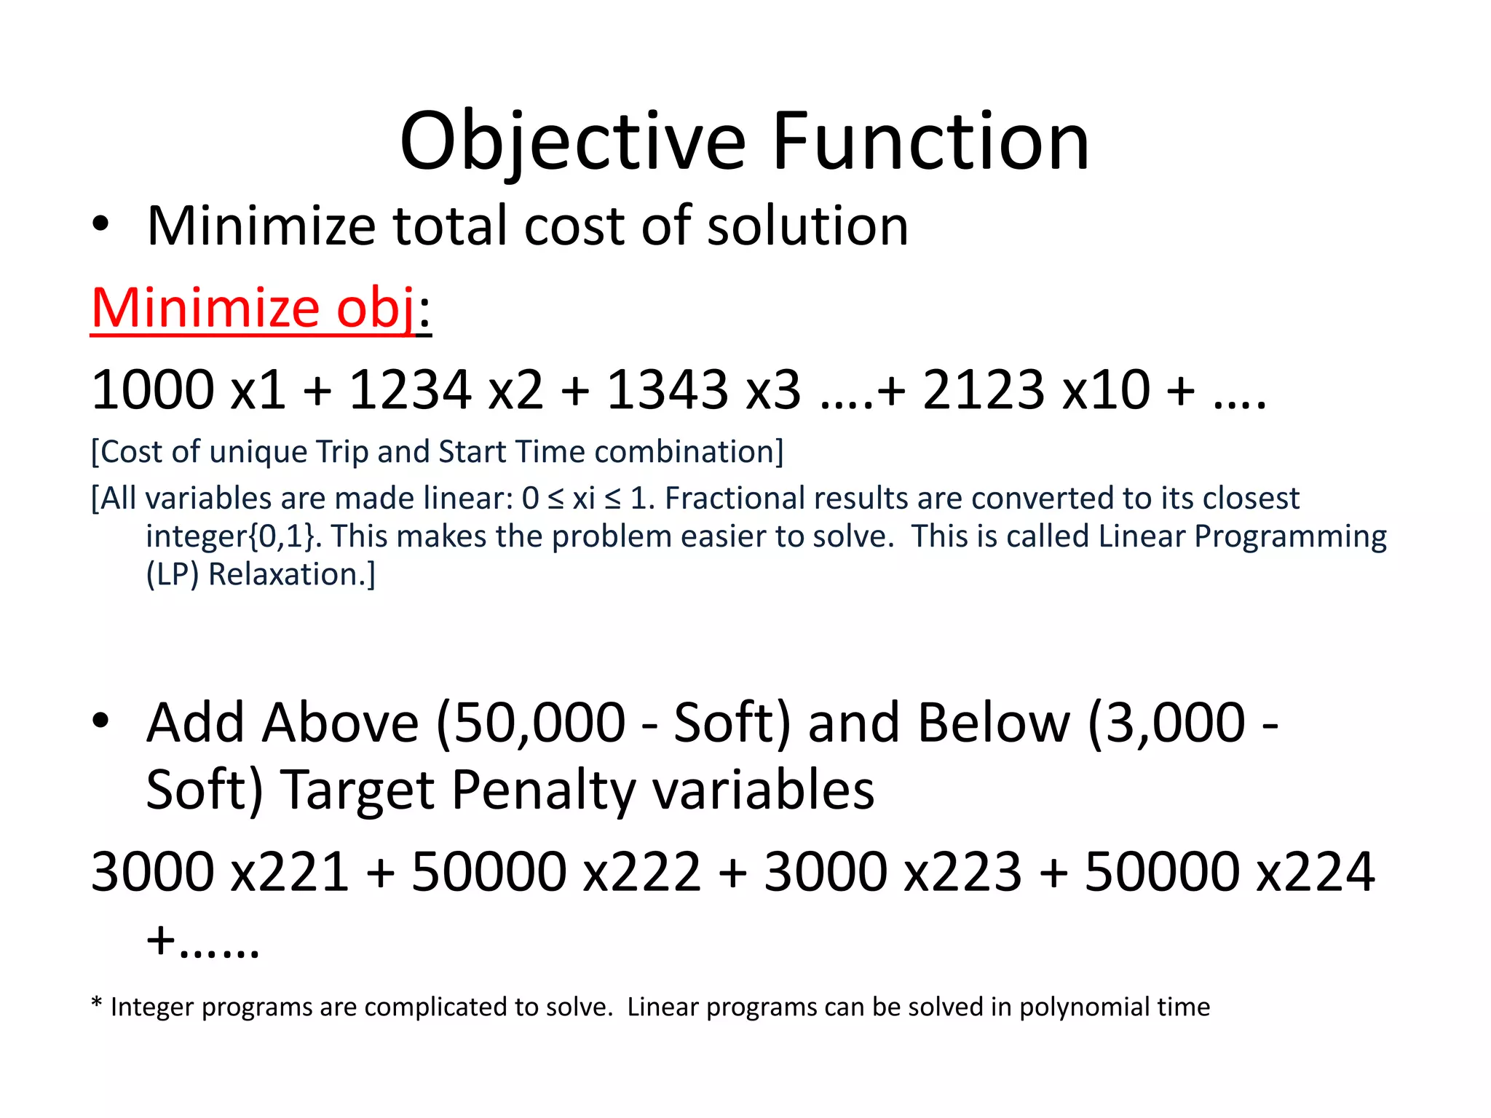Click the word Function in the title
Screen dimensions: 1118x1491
(x=930, y=142)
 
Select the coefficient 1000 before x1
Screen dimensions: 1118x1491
(x=152, y=390)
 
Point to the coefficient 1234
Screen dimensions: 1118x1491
(x=410, y=390)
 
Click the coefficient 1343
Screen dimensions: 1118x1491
(x=667, y=390)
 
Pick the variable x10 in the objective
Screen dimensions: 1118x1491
(x=1107, y=390)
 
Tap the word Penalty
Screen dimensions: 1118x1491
(x=543, y=790)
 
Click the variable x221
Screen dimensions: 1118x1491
(x=290, y=872)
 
